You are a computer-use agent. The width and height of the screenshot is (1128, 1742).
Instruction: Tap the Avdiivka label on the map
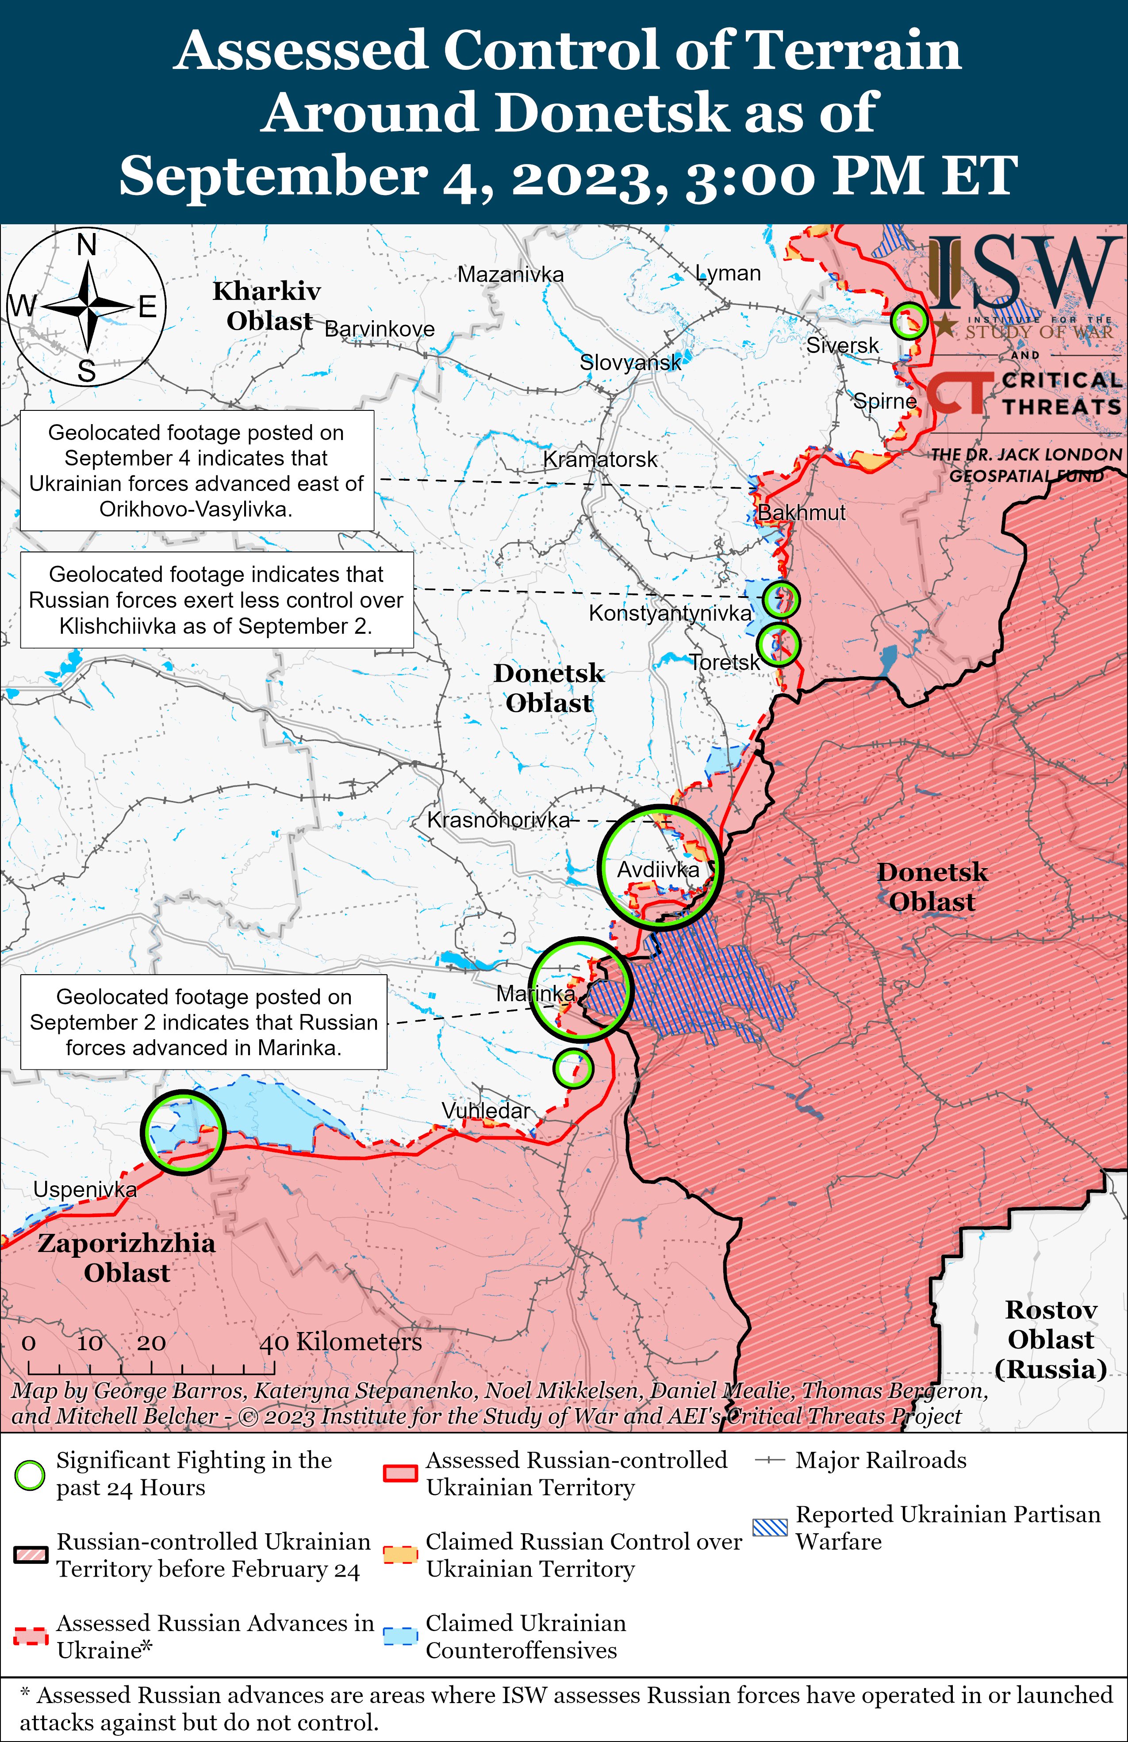click(658, 869)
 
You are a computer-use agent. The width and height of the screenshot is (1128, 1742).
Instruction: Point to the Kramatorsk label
click(600, 459)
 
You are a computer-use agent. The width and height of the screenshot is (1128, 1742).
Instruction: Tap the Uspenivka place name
click(85, 1189)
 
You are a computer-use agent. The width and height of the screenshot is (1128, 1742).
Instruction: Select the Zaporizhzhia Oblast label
click(127, 1257)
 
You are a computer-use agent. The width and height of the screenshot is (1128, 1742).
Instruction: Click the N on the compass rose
click(87, 245)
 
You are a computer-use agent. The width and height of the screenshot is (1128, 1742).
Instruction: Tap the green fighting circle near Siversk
click(909, 321)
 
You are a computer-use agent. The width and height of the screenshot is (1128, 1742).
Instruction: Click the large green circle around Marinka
click(580, 989)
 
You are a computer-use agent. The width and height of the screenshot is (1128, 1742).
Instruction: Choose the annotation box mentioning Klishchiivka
click(217, 599)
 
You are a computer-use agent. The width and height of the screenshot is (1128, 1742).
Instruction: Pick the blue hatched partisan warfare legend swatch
click(770, 1528)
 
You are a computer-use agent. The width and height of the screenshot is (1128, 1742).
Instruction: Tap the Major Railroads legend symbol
click(770, 1460)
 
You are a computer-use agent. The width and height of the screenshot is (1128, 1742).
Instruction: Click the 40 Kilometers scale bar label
click(340, 1342)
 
